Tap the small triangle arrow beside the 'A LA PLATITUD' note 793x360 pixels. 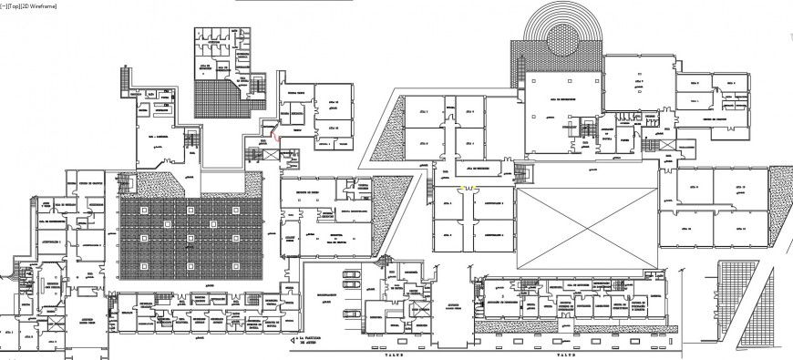click(x=295, y=340)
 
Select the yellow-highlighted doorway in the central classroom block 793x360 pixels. click(x=468, y=188)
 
